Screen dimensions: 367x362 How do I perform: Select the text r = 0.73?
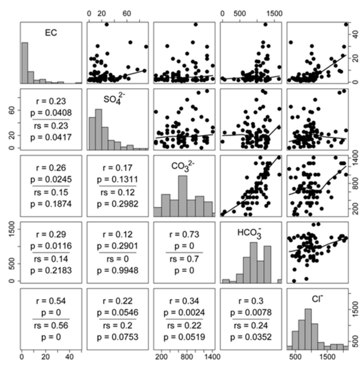[x=184, y=234]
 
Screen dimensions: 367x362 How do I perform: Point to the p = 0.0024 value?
[x=184, y=312]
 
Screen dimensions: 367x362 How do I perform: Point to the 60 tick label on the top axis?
[x=127, y=14]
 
